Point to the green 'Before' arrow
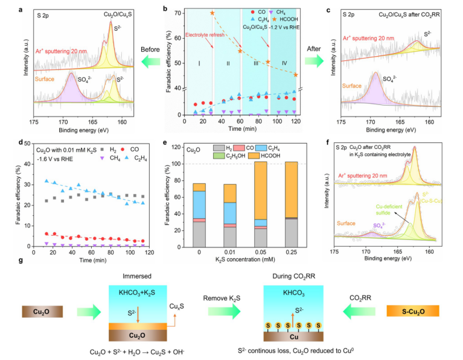143,61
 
